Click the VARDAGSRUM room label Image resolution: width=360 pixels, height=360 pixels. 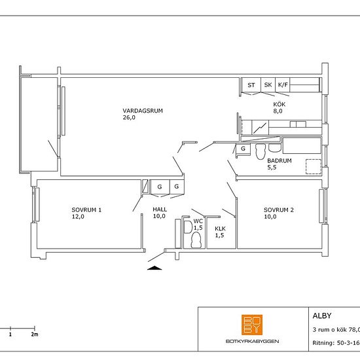click(x=143, y=111)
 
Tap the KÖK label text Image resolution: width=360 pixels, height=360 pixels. click(x=279, y=104)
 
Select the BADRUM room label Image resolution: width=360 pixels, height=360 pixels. click(x=279, y=161)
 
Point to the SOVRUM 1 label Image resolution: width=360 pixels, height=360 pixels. click(x=86, y=210)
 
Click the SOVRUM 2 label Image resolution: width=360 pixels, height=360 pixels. click(x=278, y=210)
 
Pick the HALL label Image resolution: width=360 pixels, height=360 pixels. click(x=160, y=209)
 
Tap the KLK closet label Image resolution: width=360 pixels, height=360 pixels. click(x=220, y=228)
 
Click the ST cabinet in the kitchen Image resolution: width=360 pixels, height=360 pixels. click(x=251, y=85)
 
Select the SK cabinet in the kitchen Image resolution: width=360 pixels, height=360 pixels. click(x=268, y=85)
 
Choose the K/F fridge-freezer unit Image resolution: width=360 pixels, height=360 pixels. click(x=283, y=85)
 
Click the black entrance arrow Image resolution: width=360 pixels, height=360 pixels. click(x=154, y=268)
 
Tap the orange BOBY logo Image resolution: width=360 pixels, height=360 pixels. click(x=252, y=325)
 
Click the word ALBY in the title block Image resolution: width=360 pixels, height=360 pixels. click(x=322, y=316)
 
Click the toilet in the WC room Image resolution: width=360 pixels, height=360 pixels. click(x=196, y=240)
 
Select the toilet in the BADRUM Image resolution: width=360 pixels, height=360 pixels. click(x=261, y=152)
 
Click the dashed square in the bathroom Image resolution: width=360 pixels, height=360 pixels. click(x=314, y=166)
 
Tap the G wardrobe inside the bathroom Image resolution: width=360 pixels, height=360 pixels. click(x=243, y=149)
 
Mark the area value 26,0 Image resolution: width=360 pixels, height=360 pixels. click(x=129, y=118)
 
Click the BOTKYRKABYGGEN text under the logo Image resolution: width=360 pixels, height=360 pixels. click(x=252, y=342)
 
